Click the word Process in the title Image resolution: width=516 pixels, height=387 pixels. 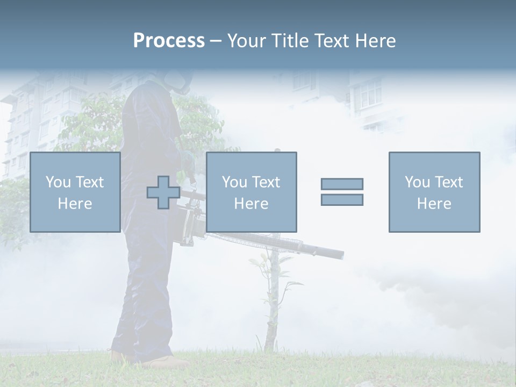point(169,41)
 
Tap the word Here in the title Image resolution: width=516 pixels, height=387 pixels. point(374,41)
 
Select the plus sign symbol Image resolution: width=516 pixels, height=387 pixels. point(163,192)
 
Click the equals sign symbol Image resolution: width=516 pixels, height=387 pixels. point(342,192)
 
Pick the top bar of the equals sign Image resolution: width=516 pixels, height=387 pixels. point(342,184)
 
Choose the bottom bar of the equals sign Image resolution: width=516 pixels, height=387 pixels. point(342,199)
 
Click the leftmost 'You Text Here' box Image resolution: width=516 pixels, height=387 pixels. point(75,192)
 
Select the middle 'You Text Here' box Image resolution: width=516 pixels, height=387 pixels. point(251,192)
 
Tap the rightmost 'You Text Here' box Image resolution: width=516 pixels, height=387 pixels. point(434,192)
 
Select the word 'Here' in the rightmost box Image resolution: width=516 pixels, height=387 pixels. point(434,203)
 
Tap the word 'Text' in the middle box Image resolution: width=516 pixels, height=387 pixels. point(266,182)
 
